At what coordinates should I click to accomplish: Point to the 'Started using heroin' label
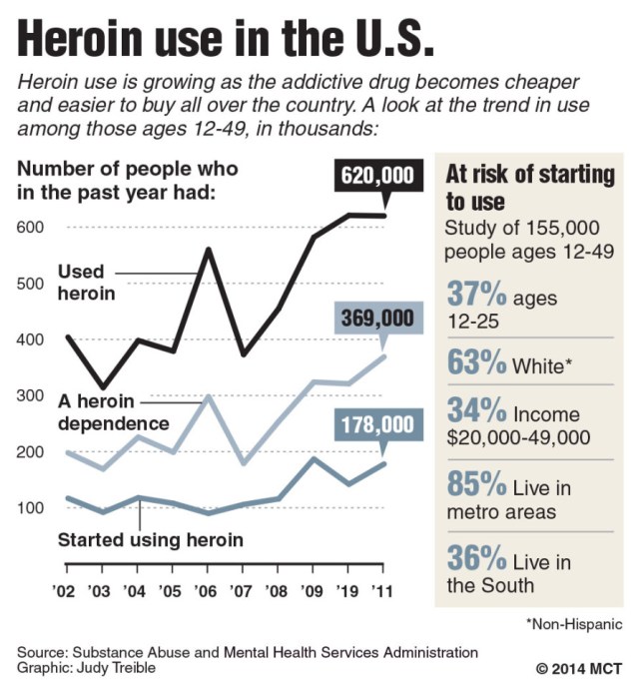pos(137,542)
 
